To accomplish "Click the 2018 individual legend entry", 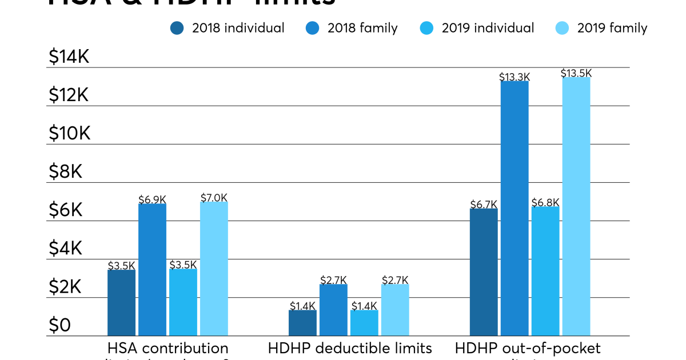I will (x=227, y=28).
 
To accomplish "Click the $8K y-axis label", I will (x=65, y=171).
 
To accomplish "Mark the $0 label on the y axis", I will (x=59, y=325).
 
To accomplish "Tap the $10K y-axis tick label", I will (x=69, y=133).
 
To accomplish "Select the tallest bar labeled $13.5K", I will (x=576, y=206).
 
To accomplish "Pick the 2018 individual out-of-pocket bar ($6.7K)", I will (x=484, y=271).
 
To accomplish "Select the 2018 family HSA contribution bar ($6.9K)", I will (x=152, y=269).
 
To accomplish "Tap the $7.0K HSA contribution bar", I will (x=214, y=268).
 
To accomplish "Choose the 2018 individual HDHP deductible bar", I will (x=302, y=322).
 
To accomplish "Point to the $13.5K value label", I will (x=576, y=73).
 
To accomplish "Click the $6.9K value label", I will (x=152, y=199).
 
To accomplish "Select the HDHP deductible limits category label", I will (x=350, y=348).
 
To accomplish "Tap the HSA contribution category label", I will (x=167, y=348).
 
